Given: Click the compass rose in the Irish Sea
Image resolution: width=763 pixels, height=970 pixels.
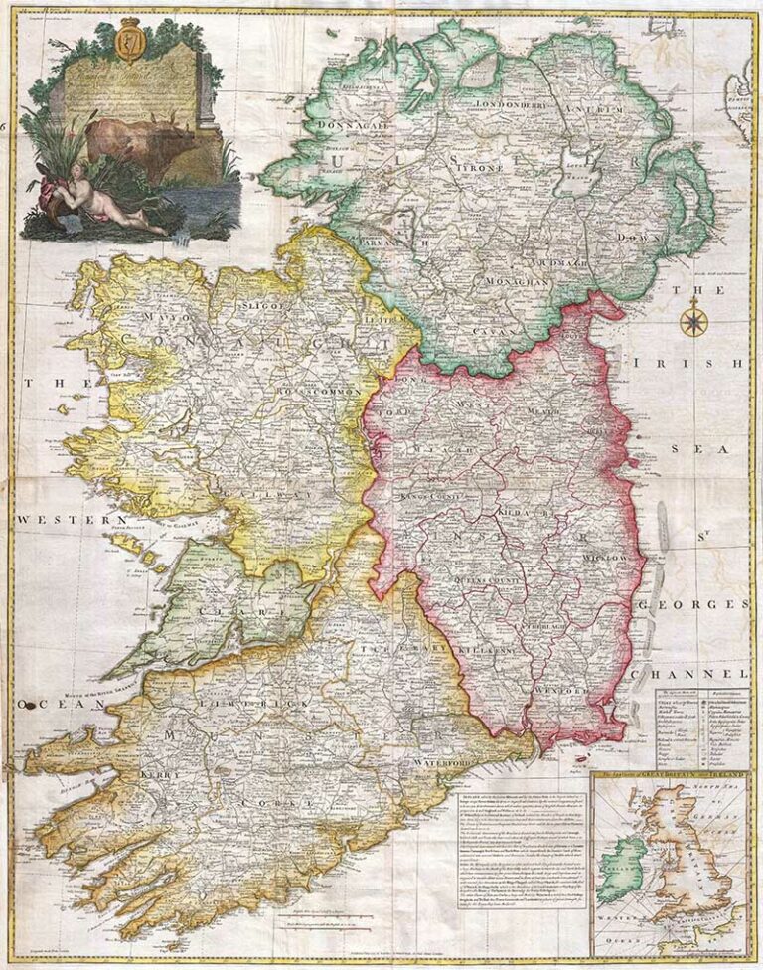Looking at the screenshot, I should (693, 322).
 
